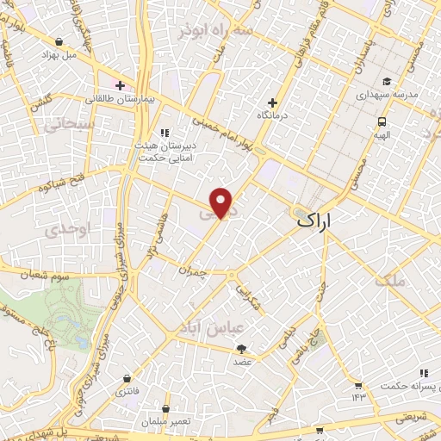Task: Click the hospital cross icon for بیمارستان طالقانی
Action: [x=120, y=85]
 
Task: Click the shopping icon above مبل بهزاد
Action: [x=59, y=40]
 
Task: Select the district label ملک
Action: [x=390, y=280]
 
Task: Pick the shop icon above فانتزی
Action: [x=127, y=378]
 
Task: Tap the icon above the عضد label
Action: [x=242, y=349]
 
